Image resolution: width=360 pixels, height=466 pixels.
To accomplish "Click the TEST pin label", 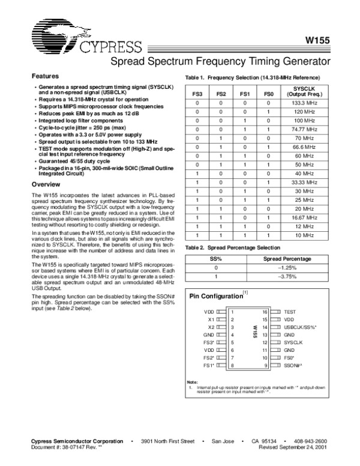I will coord(290,312).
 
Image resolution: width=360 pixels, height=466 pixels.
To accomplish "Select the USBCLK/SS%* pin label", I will coord(301,327).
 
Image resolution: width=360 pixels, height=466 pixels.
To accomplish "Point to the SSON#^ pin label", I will coord(293,365).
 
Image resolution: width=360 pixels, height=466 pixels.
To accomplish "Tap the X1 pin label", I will coord(211,319).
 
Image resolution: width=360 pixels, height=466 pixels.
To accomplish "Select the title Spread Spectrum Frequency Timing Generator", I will coord(221,62).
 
